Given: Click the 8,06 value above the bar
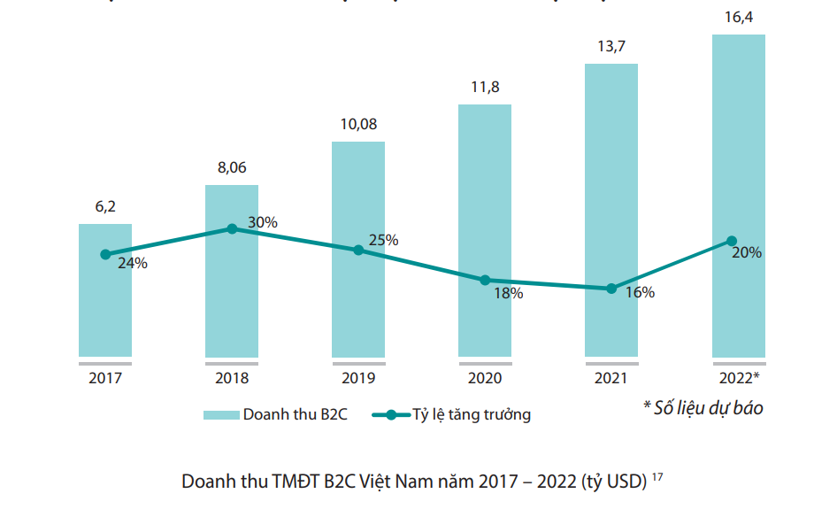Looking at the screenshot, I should pyautogui.click(x=232, y=168).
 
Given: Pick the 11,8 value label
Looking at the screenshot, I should pyautogui.click(x=484, y=87).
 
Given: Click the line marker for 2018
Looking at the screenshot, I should pyautogui.click(x=232, y=228).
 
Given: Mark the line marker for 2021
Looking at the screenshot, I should pyautogui.click(x=611, y=289).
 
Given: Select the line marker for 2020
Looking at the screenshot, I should pyautogui.click(x=485, y=280).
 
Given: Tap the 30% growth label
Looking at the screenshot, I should pyautogui.click(x=262, y=223).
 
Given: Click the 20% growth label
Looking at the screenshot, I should pyautogui.click(x=747, y=252).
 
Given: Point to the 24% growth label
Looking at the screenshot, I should pyautogui.click(x=132, y=263).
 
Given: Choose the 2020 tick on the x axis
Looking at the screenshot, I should pyautogui.click(x=484, y=378).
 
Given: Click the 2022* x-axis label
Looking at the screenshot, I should pyautogui.click(x=739, y=378).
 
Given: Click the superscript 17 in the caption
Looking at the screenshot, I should pyautogui.click(x=657, y=477).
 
